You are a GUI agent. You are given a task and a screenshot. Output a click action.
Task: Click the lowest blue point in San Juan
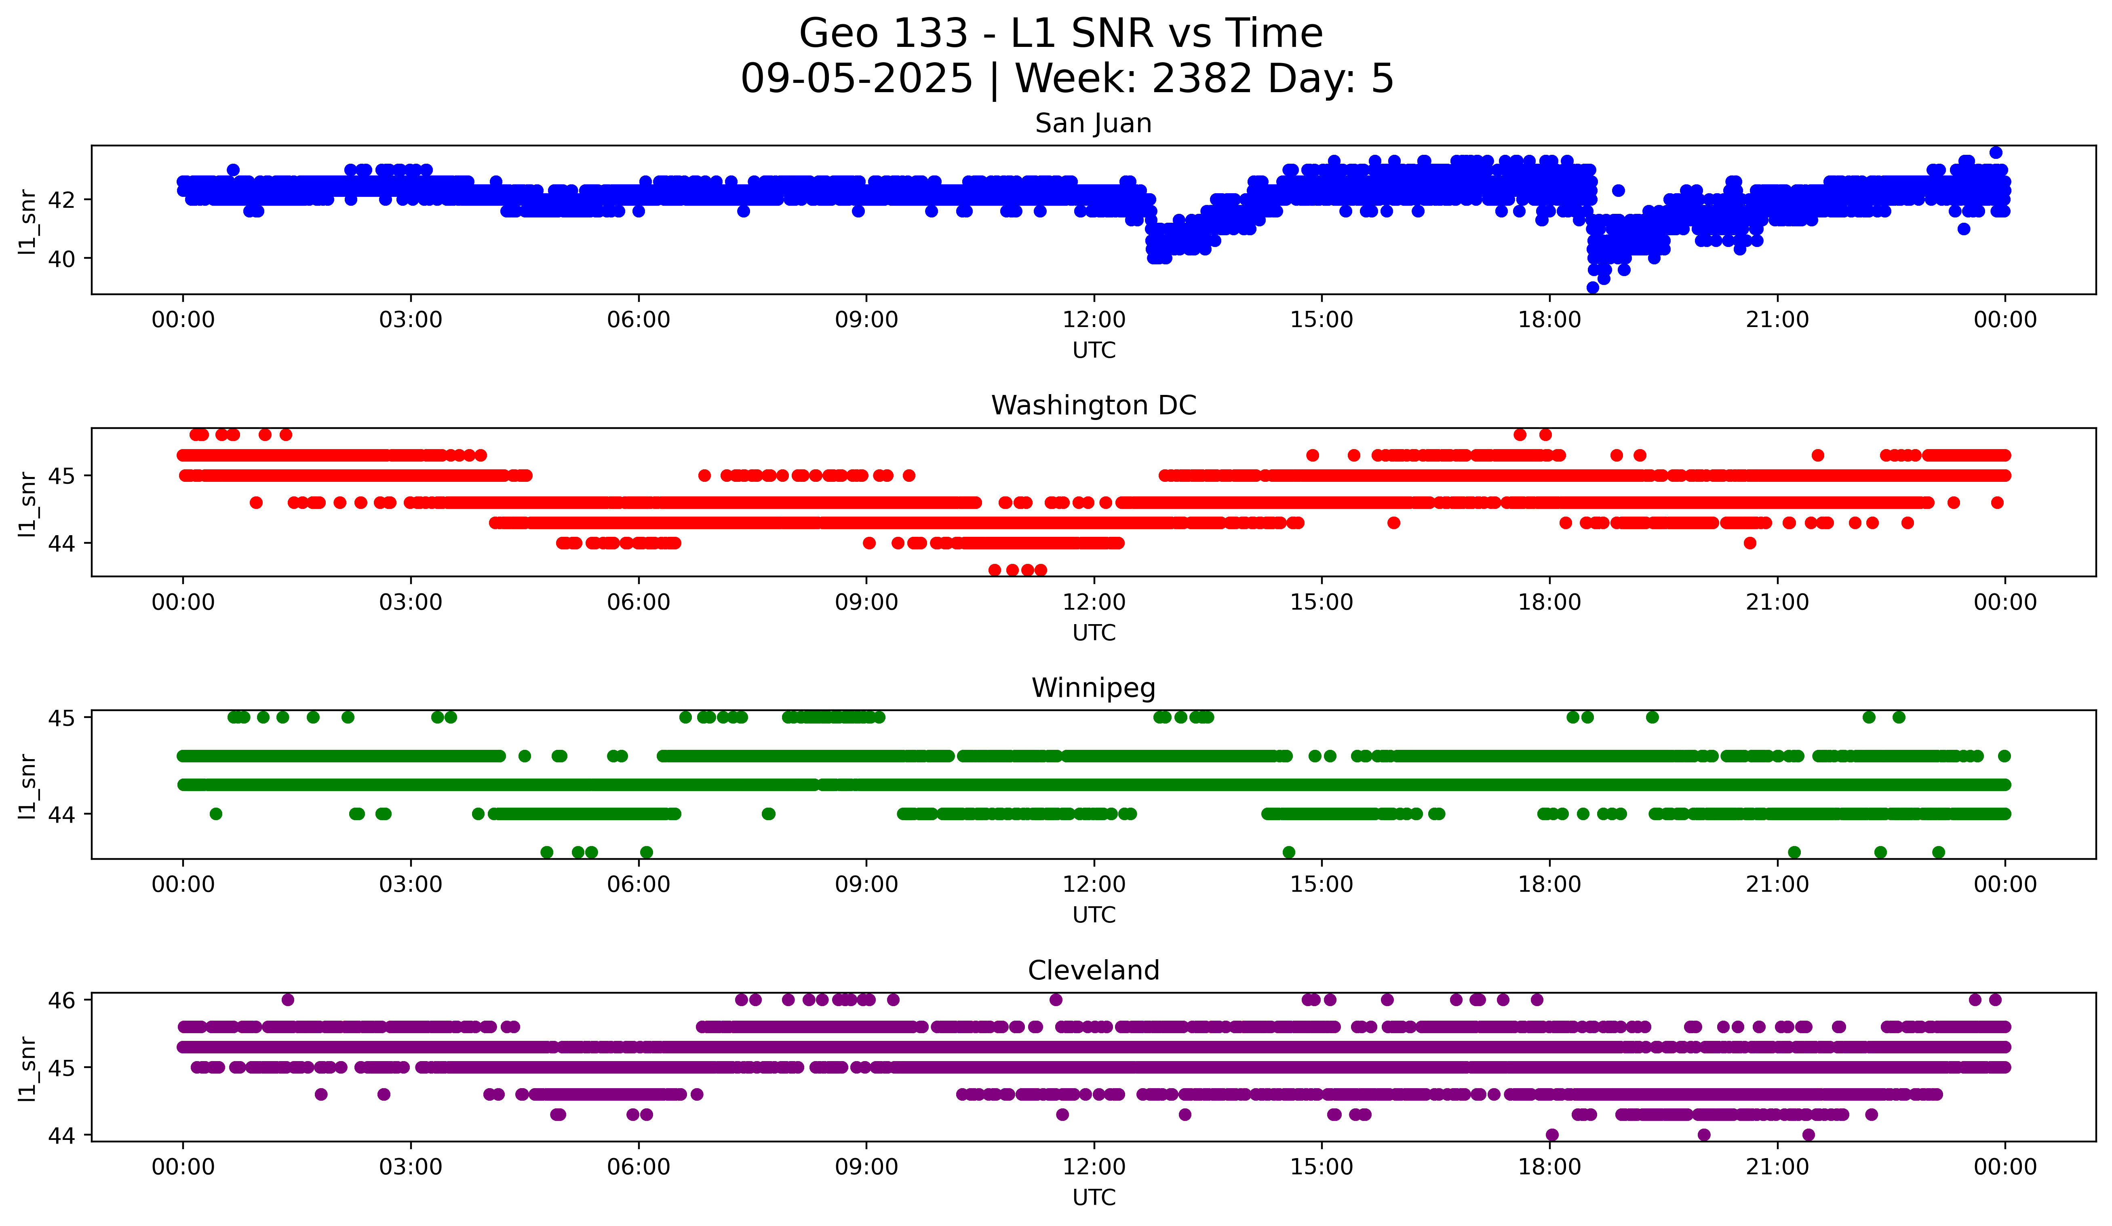coord(1592,287)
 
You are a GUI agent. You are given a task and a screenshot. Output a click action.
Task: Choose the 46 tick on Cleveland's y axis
coord(61,1000)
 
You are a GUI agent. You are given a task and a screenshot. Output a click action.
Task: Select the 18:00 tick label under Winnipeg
coord(1549,884)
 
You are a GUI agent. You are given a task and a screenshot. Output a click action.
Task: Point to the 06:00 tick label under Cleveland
coord(639,1167)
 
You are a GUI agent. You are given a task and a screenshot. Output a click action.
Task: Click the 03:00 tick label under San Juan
coord(411,319)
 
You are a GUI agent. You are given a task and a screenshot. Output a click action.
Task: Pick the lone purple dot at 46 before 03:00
coord(287,1000)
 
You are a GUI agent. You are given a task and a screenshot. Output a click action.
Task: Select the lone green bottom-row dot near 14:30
coord(1289,852)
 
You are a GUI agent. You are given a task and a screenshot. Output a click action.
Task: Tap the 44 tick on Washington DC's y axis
coord(61,543)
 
